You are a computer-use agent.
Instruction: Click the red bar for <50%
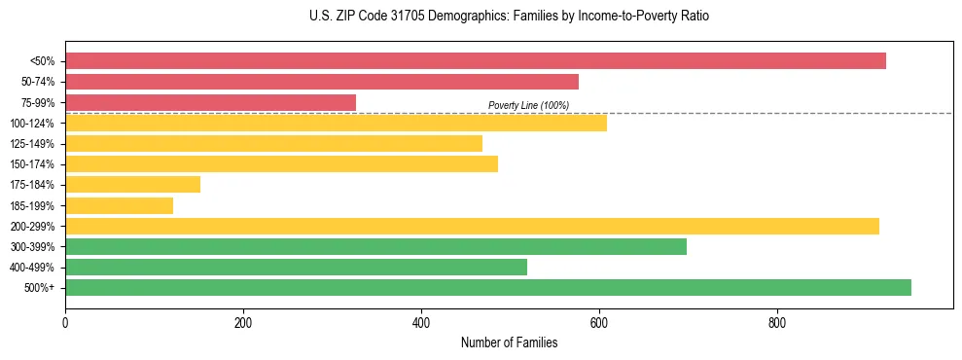point(475,60)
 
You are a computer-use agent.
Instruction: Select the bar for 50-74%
point(321,82)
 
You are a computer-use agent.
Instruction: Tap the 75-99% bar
point(210,102)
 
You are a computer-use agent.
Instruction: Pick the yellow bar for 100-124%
point(336,123)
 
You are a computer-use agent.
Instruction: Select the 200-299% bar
point(472,226)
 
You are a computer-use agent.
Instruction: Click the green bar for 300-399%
point(375,246)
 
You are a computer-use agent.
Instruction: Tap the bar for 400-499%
point(296,267)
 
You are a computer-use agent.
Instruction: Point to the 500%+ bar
point(487,287)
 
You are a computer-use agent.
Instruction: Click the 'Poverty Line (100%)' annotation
point(528,105)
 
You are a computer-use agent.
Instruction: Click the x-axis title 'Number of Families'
point(509,342)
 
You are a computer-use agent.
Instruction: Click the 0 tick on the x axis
point(65,323)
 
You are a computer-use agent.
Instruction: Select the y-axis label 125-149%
point(32,144)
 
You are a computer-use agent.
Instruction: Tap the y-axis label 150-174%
point(32,164)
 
